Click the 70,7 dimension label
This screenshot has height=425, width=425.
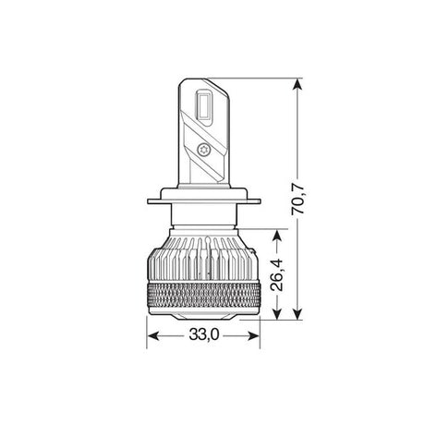click(297, 200)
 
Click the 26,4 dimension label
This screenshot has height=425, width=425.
click(276, 275)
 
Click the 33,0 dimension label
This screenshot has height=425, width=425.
click(204, 334)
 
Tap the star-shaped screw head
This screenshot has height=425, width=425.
click(202, 150)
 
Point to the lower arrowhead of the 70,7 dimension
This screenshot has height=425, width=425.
click(297, 314)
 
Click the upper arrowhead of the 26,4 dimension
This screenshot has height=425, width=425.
click(277, 235)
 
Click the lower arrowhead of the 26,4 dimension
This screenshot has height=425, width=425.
click(277, 314)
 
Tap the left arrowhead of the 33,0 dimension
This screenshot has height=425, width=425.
click(152, 335)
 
